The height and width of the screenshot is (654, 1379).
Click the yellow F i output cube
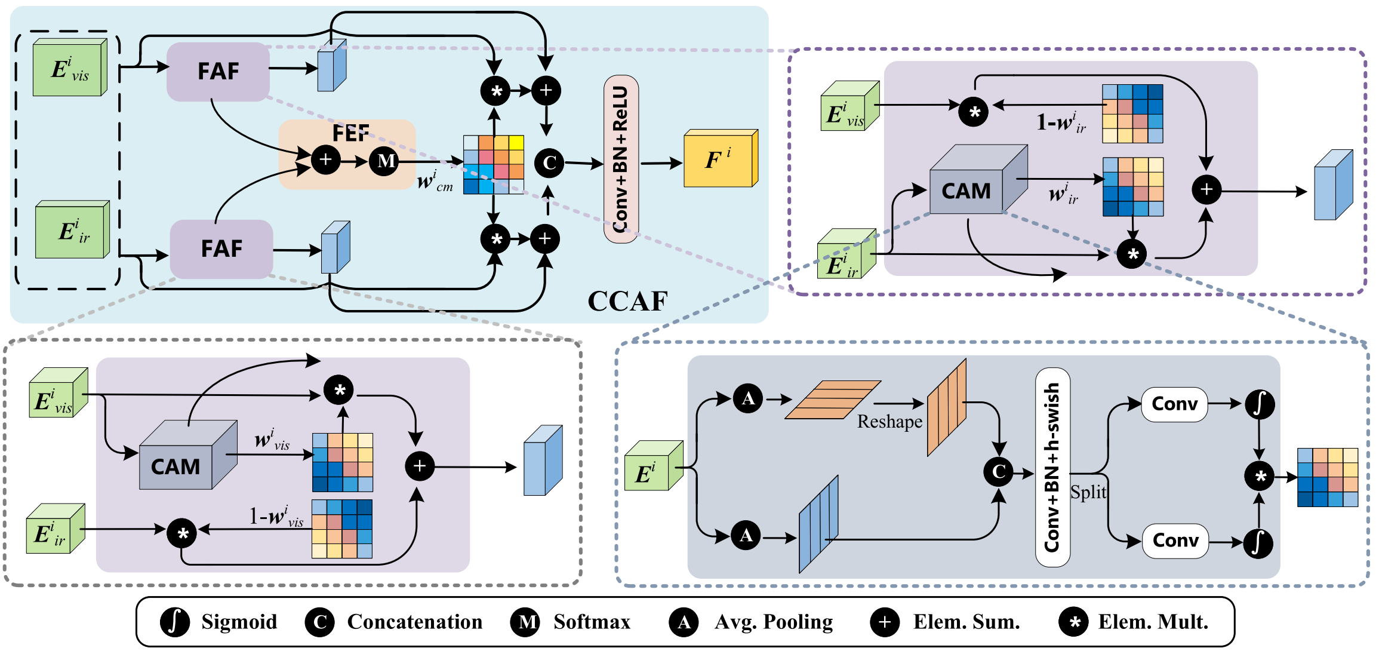(x=721, y=158)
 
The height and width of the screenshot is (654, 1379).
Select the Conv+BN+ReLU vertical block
(x=621, y=159)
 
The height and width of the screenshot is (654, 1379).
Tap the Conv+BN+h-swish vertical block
(x=1052, y=467)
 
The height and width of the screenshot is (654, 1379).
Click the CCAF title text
(x=627, y=301)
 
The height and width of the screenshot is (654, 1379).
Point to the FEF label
(x=350, y=133)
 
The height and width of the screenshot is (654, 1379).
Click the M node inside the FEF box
(x=385, y=161)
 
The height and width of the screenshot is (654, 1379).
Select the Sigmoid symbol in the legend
(x=175, y=622)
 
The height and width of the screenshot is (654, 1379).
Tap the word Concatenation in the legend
(x=415, y=622)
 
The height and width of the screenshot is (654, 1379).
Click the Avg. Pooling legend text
(x=774, y=622)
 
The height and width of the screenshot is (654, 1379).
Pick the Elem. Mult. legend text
(x=1153, y=622)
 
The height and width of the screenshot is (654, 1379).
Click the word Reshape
(x=889, y=422)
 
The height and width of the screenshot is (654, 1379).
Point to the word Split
(x=1088, y=492)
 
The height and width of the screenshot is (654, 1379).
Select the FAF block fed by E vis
(x=218, y=72)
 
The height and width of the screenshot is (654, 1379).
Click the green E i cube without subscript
(x=654, y=466)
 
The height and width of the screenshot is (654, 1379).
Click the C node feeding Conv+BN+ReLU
(x=549, y=162)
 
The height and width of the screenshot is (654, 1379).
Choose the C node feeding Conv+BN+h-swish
(x=999, y=472)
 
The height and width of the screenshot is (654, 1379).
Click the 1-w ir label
(x=1061, y=122)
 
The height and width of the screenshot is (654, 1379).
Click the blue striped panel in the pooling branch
(x=818, y=524)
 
